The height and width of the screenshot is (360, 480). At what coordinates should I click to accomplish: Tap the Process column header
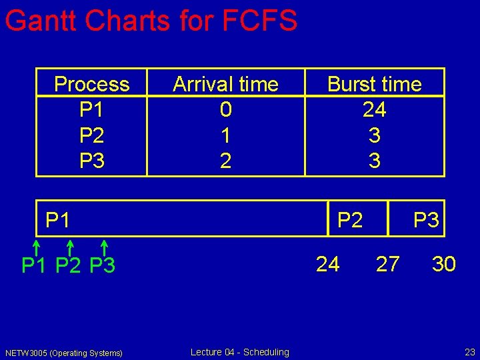(92, 84)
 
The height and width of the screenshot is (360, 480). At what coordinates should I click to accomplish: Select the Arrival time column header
(225, 84)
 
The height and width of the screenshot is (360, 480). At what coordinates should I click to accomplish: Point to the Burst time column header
(374, 84)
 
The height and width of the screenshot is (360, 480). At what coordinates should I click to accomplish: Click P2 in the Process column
(92, 135)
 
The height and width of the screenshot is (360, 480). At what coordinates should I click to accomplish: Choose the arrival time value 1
(225, 135)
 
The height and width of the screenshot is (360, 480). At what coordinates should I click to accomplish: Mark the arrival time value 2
(225, 161)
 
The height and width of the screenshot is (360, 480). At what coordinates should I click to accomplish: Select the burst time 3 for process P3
(374, 161)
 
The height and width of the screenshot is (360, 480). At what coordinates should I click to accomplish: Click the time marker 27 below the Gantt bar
(387, 265)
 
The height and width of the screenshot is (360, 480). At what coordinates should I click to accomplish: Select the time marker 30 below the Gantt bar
(443, 265)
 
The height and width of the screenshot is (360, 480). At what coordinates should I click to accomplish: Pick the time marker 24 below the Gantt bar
(327, 265)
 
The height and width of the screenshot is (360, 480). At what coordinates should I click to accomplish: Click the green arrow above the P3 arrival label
(104, 247)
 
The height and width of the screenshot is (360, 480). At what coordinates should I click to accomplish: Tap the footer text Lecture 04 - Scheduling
(240, 352)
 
